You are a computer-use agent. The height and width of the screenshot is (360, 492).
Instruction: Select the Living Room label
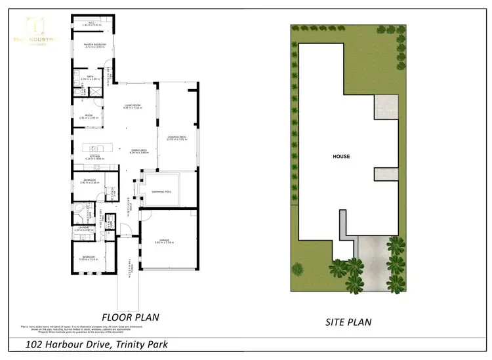[x=134, y=107]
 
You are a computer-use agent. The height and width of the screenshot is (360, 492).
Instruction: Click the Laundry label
[x=85, y=228]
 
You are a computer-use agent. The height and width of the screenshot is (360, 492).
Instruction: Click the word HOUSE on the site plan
[x=341, y=157]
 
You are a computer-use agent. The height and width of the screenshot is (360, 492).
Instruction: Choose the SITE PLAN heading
[x=350, y=322]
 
